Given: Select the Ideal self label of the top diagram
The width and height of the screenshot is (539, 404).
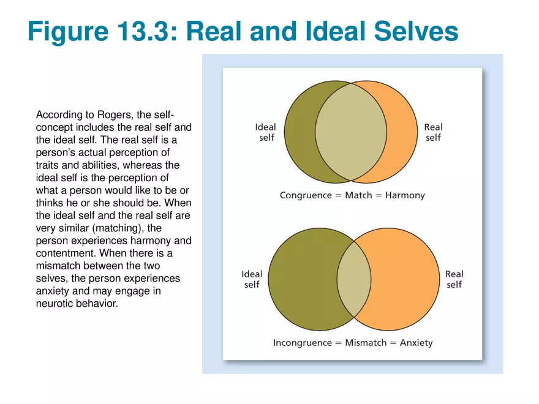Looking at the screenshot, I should pyautogui.click(x=266, y=132).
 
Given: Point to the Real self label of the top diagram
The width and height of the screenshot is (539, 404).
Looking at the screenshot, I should pyautogui.click(x=433, y=132).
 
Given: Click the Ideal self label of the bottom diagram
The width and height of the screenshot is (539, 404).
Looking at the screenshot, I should pyautogui.click(x=252, y=279).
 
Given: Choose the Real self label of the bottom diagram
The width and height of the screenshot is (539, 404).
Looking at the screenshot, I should pyautogui.click(x=454, y=279).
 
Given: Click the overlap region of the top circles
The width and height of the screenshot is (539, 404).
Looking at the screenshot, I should pyautogui.click(x=351, y=131).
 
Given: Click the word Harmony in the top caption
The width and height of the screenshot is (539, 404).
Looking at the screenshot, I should pyautogui.click(x=405, y=196).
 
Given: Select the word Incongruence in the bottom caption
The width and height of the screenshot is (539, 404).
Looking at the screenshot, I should pyautogui.click(x=302, y=343).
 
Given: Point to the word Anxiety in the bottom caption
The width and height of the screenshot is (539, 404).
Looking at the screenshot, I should pyautogui.click(x=416, y=343).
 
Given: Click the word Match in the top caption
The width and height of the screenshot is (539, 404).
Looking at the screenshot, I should pyautogui.click(x=358, y=196).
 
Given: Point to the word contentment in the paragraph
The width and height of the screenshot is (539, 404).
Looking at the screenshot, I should pyautogui.click(x=64, y=253).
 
